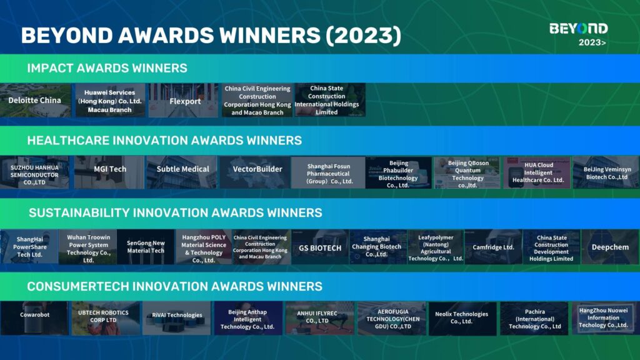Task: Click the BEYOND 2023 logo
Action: click(x=578, y=34)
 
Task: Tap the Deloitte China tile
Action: click(x=35, y=101)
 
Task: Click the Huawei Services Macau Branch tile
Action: click(x=110, y=101)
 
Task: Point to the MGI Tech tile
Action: click(x=109, y=172)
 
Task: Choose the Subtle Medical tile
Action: click(x=182, y=172)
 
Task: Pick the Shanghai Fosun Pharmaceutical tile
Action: click(x=328, y=173)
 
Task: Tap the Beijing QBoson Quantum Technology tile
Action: click(x=467, y=173)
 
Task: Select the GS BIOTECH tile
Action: click(x=319, y=247)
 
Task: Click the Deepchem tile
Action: click(x=610, y=247)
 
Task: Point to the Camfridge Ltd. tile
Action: click(x=493, y=247)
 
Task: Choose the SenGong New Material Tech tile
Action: click(x=145, y=247)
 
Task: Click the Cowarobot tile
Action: click(x=34, y=318)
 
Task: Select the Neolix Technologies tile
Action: click(x=462, y=318)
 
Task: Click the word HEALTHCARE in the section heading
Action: click(x=68, y=141)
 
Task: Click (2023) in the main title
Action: click(x=363, y=35)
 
